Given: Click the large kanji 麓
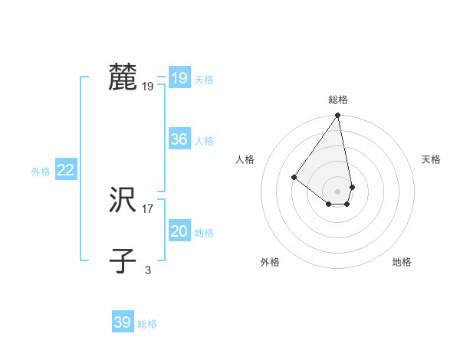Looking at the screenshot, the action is coord(123,77).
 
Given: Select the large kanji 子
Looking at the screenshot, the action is coord(123,261).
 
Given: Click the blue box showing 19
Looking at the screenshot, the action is coord(179,78).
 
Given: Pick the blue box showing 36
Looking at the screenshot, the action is coord(179,139).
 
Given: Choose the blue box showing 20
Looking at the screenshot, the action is coord(179,231).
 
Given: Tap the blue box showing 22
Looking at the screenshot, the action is coord(65,170).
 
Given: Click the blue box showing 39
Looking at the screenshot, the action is coord(122,322).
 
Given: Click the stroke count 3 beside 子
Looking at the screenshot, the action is coord(147,270).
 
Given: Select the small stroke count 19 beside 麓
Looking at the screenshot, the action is coord(147,87).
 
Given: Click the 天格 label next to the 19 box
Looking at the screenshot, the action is coord(204,80).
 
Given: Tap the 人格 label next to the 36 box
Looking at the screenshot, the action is coord(204,141).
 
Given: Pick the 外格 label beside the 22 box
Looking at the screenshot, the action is coord(41,172).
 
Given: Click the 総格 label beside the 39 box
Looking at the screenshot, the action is coord(147,324).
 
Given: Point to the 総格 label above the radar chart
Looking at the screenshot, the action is coord(338,100).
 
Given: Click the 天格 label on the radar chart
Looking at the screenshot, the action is coord(431,159).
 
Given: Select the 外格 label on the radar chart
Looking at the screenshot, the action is coord(270,262).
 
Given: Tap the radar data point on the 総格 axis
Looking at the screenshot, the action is coord(338,116).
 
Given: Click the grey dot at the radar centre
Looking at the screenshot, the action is coord(338,191).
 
